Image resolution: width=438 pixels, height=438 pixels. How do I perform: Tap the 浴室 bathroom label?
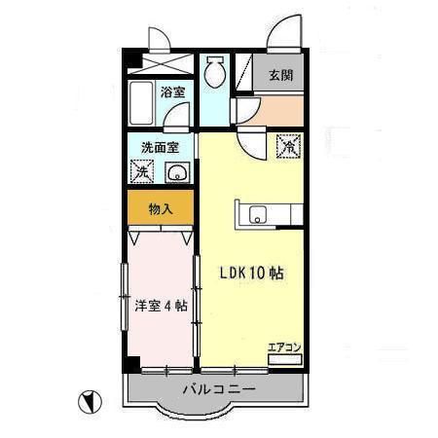click(173, 93)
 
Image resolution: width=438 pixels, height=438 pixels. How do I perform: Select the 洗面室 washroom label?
click(160, 148)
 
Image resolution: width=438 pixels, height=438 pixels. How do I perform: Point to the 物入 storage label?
click(161, 209)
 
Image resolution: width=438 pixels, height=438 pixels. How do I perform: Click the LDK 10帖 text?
click(250, 274)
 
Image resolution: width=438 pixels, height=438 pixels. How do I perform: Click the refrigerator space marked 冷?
click(288, 147)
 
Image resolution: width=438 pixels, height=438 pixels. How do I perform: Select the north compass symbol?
click(89, 399)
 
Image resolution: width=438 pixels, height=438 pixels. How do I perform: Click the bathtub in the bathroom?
click(143, 99)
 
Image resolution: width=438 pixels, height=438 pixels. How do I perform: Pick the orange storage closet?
click(161, 208)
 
